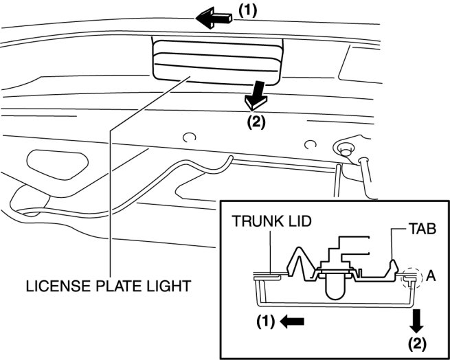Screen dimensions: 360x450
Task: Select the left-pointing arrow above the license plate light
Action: (x=214, y=20)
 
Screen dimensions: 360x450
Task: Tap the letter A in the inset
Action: (x=431, y=275)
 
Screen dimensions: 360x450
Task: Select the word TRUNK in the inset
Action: (x=252, y=223)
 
